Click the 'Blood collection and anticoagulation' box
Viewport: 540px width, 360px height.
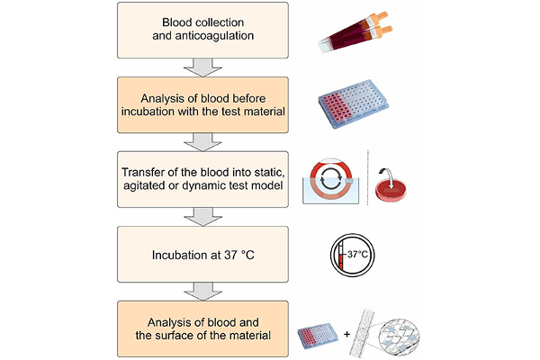(x=202, y=30)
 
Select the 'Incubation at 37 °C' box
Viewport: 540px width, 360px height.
(x=202, y=254)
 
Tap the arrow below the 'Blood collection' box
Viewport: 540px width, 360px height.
(x=202, y=67)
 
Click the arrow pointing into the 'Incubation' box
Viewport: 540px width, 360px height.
(x=202, y=217)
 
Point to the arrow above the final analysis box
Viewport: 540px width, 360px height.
(x=202, y=292)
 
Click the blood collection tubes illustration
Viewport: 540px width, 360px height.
(x=355, y=31)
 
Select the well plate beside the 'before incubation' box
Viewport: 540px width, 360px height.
(x=354, y=104)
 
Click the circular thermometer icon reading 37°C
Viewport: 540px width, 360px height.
(x=352, y=255)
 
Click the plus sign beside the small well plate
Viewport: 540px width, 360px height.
(x=346, y=334)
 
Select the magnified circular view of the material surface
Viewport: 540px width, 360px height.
(x=399, y=337)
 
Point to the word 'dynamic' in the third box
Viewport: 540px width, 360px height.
(x=203, y=185)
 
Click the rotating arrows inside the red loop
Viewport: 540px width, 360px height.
(x=330, y=179)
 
